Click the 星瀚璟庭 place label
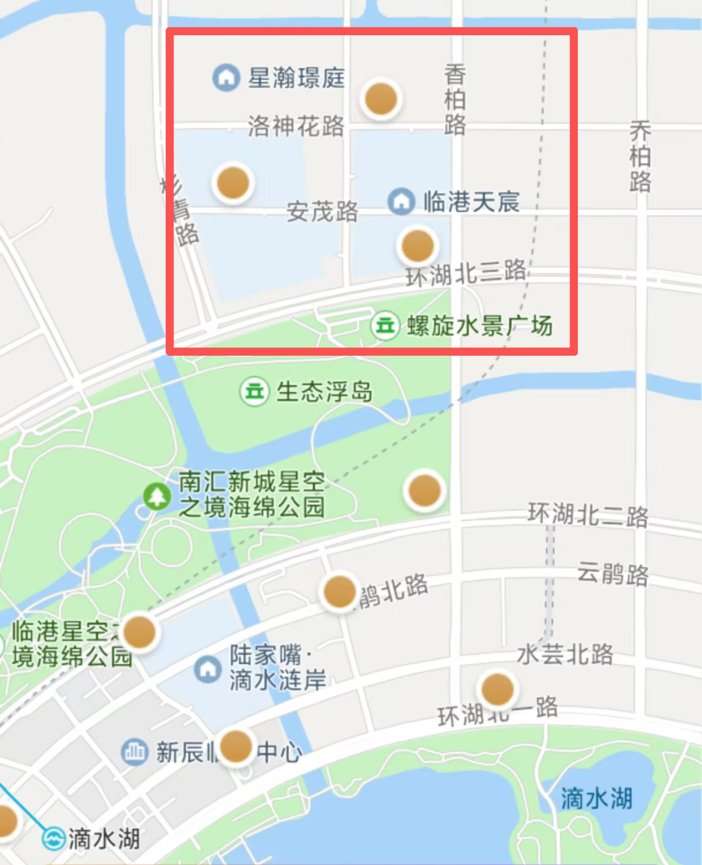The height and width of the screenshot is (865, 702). tap(296, 78)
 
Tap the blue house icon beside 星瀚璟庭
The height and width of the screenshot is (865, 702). tap(226, 77)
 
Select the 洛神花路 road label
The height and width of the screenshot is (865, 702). tap(296, 126)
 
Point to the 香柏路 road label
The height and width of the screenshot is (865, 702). tap(455, 100)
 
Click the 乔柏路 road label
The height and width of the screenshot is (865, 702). tap(640, 156)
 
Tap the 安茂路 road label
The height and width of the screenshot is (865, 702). tap(322, 211)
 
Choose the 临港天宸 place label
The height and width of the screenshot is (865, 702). tap(471, 202)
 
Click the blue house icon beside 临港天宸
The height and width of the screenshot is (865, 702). tap(401, 202)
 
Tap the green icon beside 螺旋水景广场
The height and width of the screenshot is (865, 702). tap(385, 325)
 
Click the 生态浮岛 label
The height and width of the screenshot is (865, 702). tap(324, 392)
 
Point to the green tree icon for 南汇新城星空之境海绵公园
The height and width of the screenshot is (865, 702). tap(157, 497)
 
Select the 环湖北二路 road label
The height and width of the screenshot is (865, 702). tap(588, 515)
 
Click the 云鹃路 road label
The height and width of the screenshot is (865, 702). tap(613, 574)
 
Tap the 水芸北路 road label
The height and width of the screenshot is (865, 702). tap(565, 654)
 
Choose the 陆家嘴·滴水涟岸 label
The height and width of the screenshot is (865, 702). tap(278, 667)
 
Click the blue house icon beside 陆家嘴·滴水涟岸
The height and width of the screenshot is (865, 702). tap(208, 669)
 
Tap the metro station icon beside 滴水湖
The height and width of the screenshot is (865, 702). tap(53, 838)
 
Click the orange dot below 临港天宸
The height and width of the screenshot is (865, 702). tap(417, 246)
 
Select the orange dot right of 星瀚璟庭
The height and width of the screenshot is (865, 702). tap(381, 99)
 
